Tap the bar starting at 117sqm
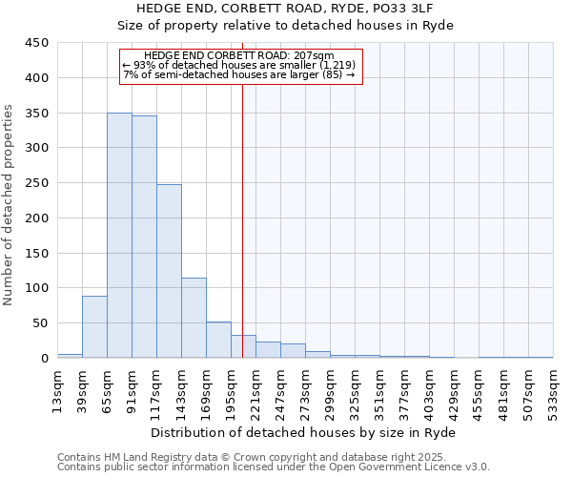[169, 271]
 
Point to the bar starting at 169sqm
[218, 341]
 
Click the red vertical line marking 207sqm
[242, 219]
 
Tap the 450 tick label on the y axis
[37, 43]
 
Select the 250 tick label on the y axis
[37, 183]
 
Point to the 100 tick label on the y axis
[37, 288]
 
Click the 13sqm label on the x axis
[58, 390]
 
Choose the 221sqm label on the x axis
[256, 390]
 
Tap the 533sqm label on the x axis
[554, 390]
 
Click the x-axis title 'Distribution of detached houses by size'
[304, 433]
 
